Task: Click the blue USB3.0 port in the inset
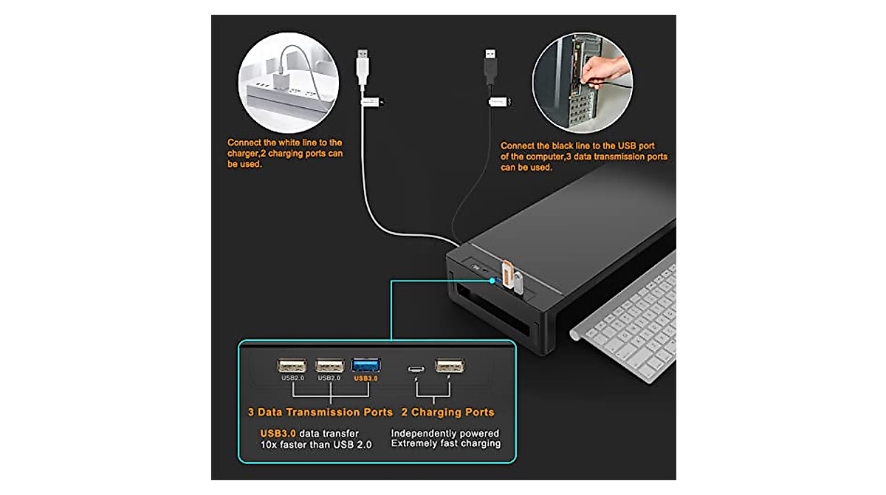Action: [366, 365]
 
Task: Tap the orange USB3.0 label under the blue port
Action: [366, 378]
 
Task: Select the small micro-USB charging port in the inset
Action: [416, 366]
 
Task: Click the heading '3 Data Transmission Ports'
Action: [320, 412]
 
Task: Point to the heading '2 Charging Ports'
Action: [447, 412]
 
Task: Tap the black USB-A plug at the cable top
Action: [490, 65]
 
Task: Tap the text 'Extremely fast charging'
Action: [446, 444]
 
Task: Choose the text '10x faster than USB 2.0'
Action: [316, 444]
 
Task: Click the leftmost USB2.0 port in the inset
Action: [291, 365]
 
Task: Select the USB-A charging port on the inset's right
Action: [448, 365]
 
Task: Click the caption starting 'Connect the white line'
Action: [285, 152]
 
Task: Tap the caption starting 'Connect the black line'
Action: [583, 157]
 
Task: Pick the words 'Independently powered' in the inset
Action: [445, 433]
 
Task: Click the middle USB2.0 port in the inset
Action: [329, 365]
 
